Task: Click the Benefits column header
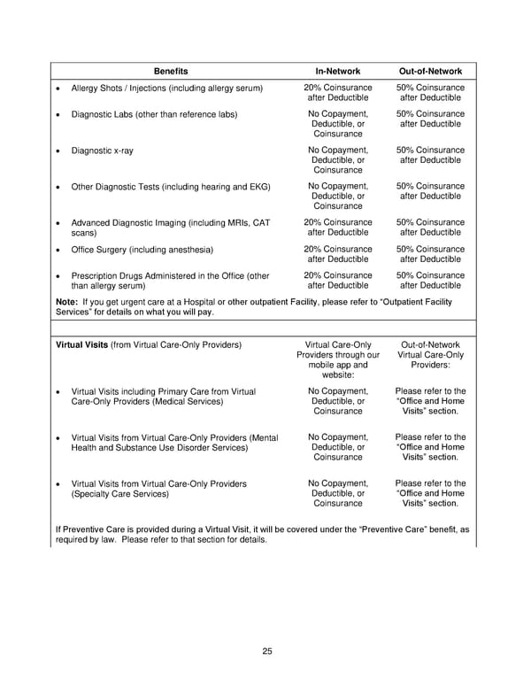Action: pyautogui.click(x=171, y=70)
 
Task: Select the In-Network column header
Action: pyautogui.click(x=337, y=70)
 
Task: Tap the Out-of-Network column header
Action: pyautogui.click(x=430, y=70)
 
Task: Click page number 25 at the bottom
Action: pyautogui.click(x=266, y=652)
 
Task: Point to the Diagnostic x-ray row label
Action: pyautogui.click(x=102, y=151)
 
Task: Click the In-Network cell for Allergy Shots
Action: pyautogui.click(x=337, y=93)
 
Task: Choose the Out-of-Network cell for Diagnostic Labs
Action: pyautogui.click(x=430, y=120)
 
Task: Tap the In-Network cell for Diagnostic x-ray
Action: pyautogui.click(x=337, y=160)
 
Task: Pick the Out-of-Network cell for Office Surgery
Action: pyautogui.click(x=430, y=255)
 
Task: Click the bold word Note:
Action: pyautogui.click(x=67, y=302)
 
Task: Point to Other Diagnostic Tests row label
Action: pyautogui.click(x=170, y=187)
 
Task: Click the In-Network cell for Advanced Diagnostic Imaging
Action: pyautogui.click(x=337, y=228)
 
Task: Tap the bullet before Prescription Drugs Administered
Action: pyautogui.click(x=58, y=276)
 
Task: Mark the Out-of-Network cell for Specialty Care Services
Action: pyautogui.click(x=430, y=493)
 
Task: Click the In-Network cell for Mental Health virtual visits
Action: pyautogui.click(x=337, y=447)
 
